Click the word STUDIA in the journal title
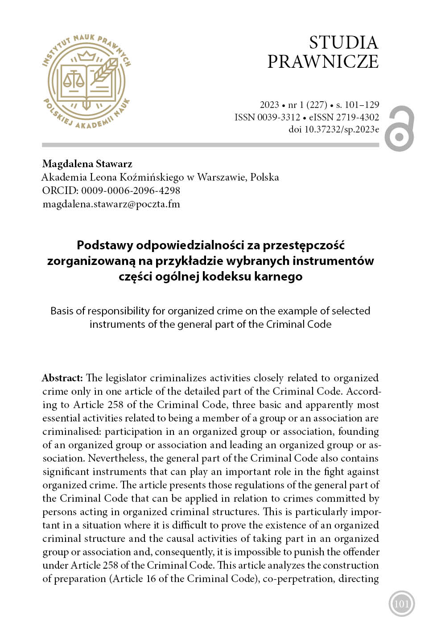[343, 43]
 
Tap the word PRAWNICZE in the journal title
[323, 62]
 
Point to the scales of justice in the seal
[74, 79]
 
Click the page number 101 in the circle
[401, 604]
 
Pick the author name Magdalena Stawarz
[87, 164]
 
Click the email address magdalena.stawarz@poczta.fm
[111, 204]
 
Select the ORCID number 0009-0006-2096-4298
[130, 190]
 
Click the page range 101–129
[362, 105]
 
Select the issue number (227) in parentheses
[317, 105]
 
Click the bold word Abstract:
[62, 378]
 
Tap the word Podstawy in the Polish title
[105, 245]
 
